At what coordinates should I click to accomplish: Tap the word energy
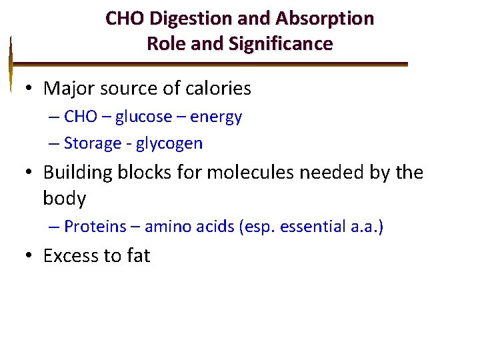216,117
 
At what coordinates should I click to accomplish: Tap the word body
65,199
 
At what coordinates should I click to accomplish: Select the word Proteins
95,227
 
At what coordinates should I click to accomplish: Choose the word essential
313,227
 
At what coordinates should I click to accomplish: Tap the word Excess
71,256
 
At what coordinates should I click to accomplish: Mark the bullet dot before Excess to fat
29,256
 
